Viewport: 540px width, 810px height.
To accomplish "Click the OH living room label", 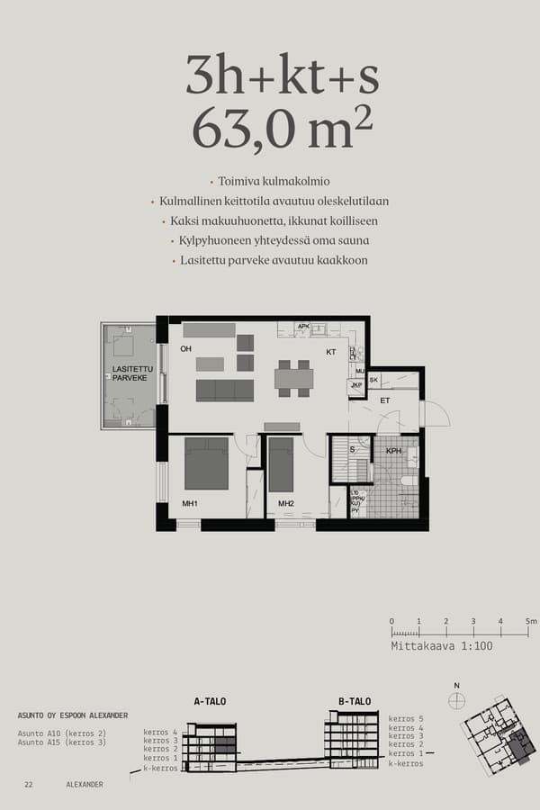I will click(186, 348).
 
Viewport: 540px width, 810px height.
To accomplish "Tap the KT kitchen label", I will click(330, 352).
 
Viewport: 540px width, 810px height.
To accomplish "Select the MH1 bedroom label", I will click(190, 503).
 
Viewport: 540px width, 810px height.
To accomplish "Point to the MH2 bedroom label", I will click(286, 503).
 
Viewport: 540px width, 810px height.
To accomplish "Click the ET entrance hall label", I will click(384, 400).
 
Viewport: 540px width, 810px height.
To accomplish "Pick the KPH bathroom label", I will click(393, 451).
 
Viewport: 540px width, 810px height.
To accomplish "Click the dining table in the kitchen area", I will click(293, 378).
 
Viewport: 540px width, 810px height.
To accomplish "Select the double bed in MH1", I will click(206, 463).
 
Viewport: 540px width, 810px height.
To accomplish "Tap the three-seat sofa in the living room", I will click(224, 390).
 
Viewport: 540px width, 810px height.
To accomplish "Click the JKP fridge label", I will click(355, 387).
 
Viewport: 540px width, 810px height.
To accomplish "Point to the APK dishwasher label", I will click(303, 327).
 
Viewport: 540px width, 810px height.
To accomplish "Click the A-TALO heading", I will click(210, 701).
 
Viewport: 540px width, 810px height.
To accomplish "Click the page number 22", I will click(29, 785).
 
